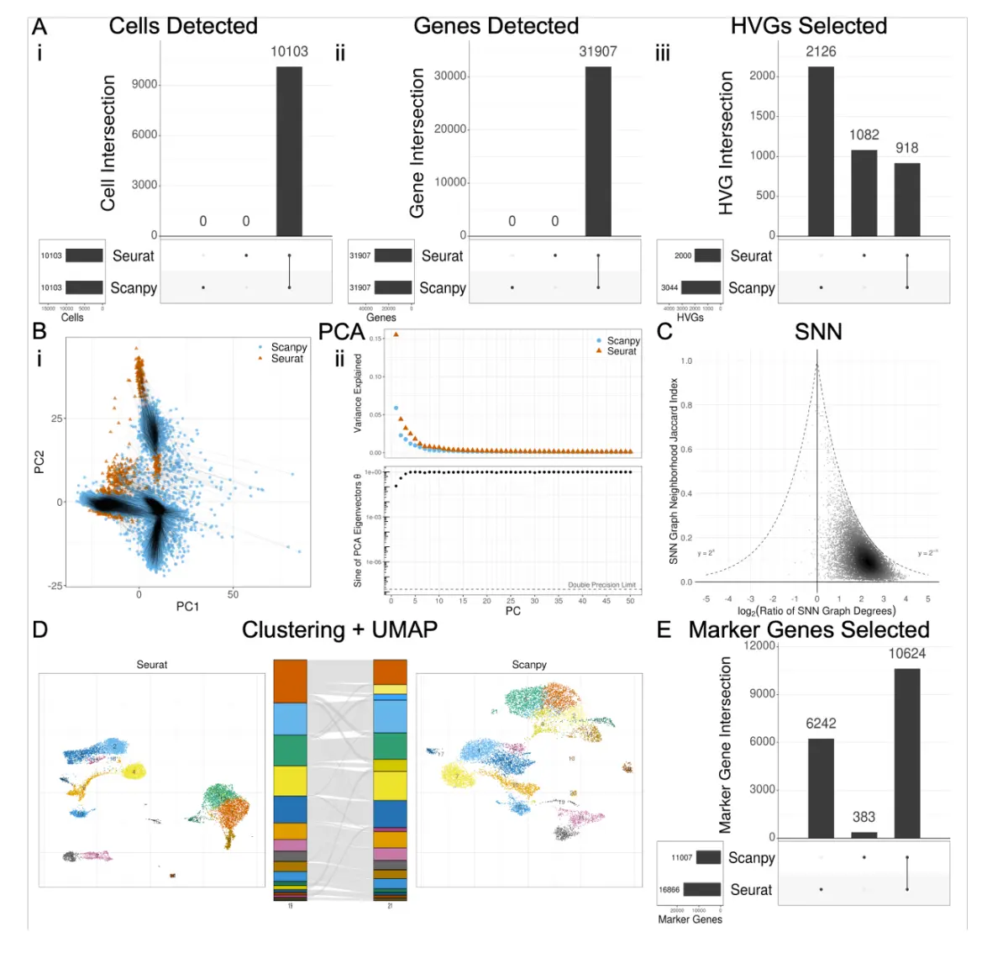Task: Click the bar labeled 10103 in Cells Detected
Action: [x=289, y=151]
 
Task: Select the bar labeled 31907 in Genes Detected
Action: [x=598, y=151]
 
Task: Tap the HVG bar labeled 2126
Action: [x=821, y=151]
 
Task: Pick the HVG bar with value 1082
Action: [x=864, y=193]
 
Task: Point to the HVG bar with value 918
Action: [x=906, y=199]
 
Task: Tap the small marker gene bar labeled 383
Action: [x=864, y=835]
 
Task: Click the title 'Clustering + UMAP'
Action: [x=339, y=630]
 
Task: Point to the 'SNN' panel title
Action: [x=817, y=332]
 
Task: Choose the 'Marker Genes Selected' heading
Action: [x=808, y=630]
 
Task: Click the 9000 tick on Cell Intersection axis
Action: [x=144, y=84]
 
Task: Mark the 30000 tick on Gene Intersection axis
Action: [x=450, y=76]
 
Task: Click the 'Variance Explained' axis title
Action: [x=358, y=392]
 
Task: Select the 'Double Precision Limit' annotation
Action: [x=601, y=585]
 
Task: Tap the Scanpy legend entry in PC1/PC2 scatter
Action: [x=288, y=347]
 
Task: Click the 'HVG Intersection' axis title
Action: [x=726, y=143]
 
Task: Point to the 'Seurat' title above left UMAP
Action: [x=152, y=665]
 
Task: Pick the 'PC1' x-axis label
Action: [x=187, y=606]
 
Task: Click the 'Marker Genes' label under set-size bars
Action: [x=690, y=919]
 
